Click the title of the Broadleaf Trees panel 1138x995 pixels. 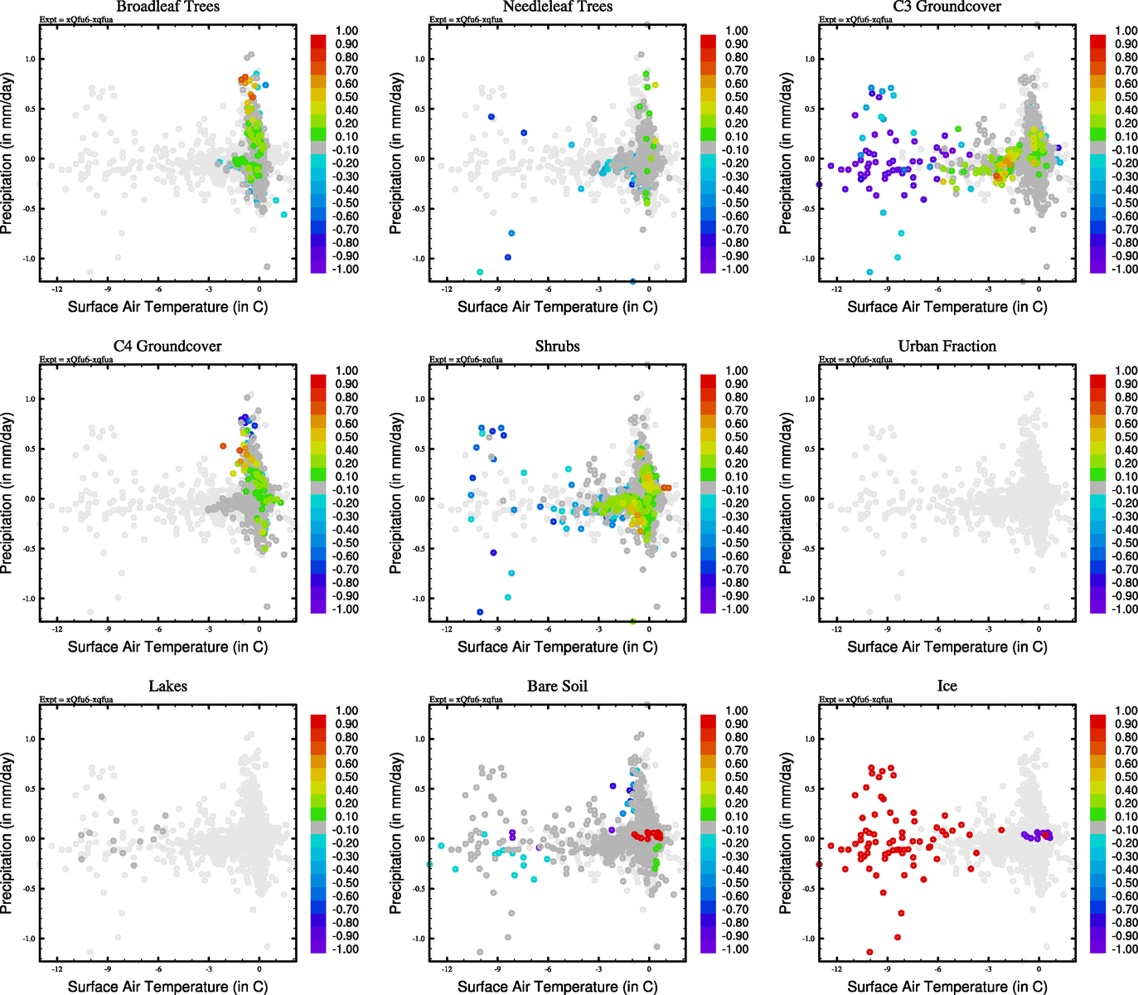point(167,7)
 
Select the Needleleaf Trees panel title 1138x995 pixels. point(557,7)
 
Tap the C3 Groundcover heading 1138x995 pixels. point(947,7)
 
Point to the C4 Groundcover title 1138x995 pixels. point(167,347)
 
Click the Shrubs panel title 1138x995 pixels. point(557,347)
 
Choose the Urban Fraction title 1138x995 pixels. point(947,347)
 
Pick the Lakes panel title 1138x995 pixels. point(167,687)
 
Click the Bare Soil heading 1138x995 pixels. point(557,687)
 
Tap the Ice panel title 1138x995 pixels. point(947,687)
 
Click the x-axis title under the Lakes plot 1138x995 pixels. point(167,987)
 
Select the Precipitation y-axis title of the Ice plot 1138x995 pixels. point(786,833)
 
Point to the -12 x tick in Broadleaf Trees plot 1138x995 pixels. point(56,289)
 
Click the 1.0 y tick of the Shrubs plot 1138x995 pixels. point(420,399)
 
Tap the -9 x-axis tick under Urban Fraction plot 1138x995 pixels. point(887,629)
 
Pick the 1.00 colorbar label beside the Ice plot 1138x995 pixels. point(1126,711)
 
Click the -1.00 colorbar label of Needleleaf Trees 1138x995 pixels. point(735,269)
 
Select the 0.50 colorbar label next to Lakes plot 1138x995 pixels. point(346,777)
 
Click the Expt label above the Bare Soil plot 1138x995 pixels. point(466,700)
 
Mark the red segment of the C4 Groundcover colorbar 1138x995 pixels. point(318,381)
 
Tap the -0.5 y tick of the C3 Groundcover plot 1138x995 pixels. point(808,209)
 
